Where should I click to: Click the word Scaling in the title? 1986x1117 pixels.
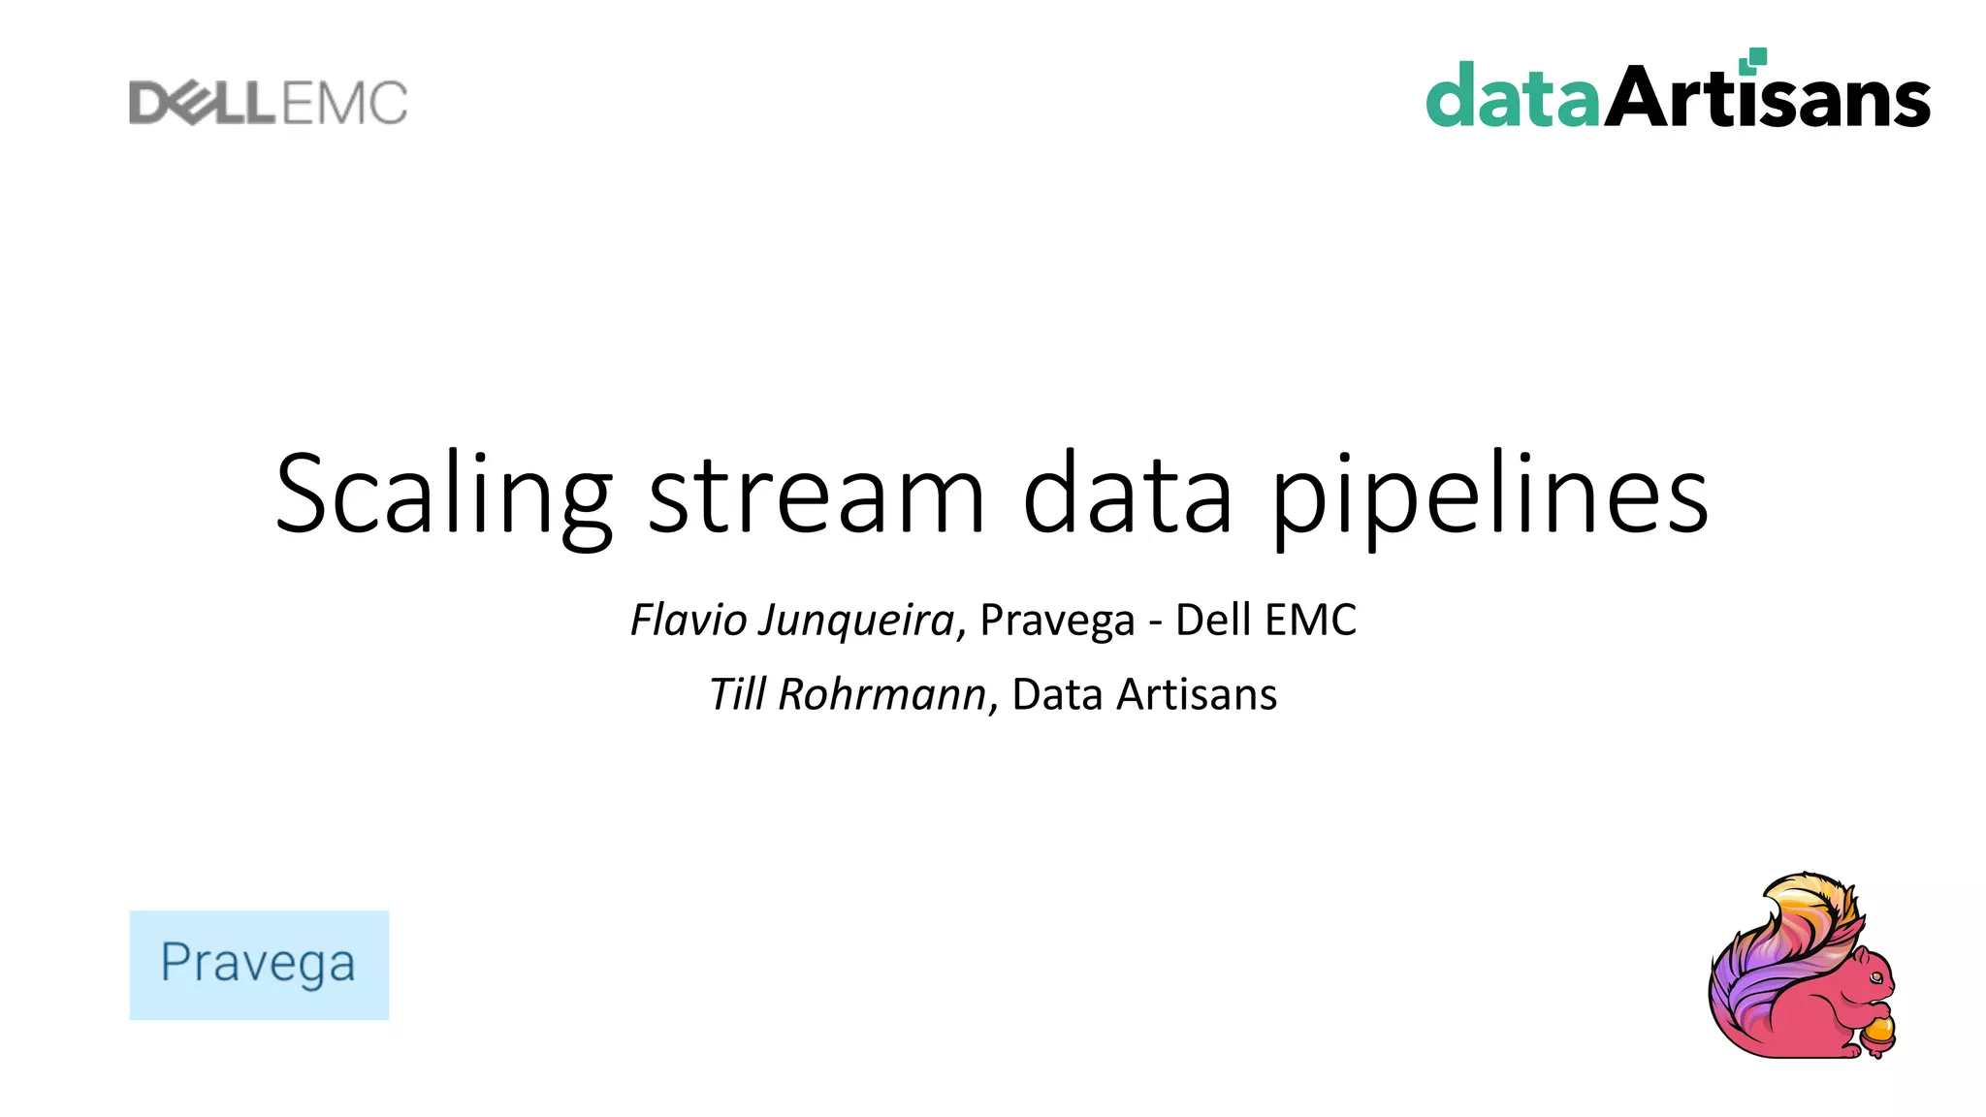[443, 495]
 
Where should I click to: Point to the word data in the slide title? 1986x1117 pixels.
[1127, 495]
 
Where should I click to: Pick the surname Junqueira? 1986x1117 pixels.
[857, 621]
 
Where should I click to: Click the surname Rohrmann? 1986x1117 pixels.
[881, 694]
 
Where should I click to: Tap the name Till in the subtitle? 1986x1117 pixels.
[738, 694]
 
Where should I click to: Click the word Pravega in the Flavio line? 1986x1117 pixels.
[1057, 621]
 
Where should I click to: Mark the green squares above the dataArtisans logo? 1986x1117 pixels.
[1752, 61]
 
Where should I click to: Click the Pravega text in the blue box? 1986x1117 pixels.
[258, 963]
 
